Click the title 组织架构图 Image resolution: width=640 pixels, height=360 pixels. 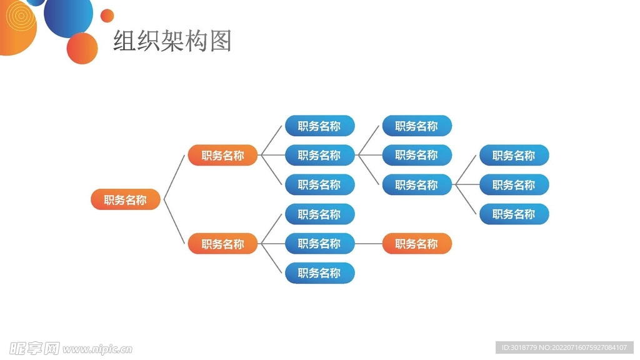pos(172,41)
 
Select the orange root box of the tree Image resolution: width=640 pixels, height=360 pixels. pos(126,200)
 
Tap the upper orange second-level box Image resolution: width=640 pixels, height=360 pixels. pos(222,156)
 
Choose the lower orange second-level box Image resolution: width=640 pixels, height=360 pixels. pos(222,244)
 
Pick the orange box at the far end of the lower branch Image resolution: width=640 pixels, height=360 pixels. pos(417,244)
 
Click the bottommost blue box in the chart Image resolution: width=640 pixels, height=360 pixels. pos(320,273)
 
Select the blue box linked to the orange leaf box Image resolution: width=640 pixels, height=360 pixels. pos(320,244)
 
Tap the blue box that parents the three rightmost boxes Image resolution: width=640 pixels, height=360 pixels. pos(417,185)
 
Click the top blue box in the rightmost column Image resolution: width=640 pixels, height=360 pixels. pos(514,156)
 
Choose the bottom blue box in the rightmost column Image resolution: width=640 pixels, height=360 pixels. pos(514,214)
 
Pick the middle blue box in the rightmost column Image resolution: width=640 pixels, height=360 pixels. pos(514,185)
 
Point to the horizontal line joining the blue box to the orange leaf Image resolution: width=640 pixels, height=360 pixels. pos(369,244)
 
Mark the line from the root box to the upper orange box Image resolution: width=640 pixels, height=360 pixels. pos(174,177)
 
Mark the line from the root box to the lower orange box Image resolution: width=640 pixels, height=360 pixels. pos(175,222)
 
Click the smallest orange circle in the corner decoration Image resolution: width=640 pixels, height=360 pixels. pos(107,16)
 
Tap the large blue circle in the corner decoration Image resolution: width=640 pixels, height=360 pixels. pos(69,14)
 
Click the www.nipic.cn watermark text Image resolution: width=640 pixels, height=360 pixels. pos(97,349)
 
